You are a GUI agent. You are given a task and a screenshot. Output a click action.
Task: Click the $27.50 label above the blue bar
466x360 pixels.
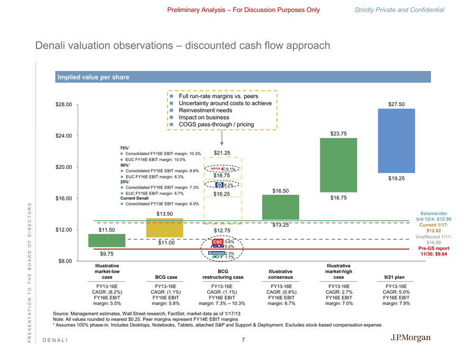[397, 105]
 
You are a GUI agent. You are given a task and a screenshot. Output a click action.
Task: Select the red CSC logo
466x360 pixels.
[217, 242]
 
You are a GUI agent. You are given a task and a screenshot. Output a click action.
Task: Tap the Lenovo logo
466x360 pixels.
[216, 253]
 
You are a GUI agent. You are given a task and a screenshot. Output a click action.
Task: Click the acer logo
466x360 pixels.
[217, 257]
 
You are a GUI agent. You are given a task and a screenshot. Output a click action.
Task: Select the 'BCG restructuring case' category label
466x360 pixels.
[223, 273]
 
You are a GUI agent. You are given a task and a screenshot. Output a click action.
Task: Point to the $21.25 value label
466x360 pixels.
[222, 154]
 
